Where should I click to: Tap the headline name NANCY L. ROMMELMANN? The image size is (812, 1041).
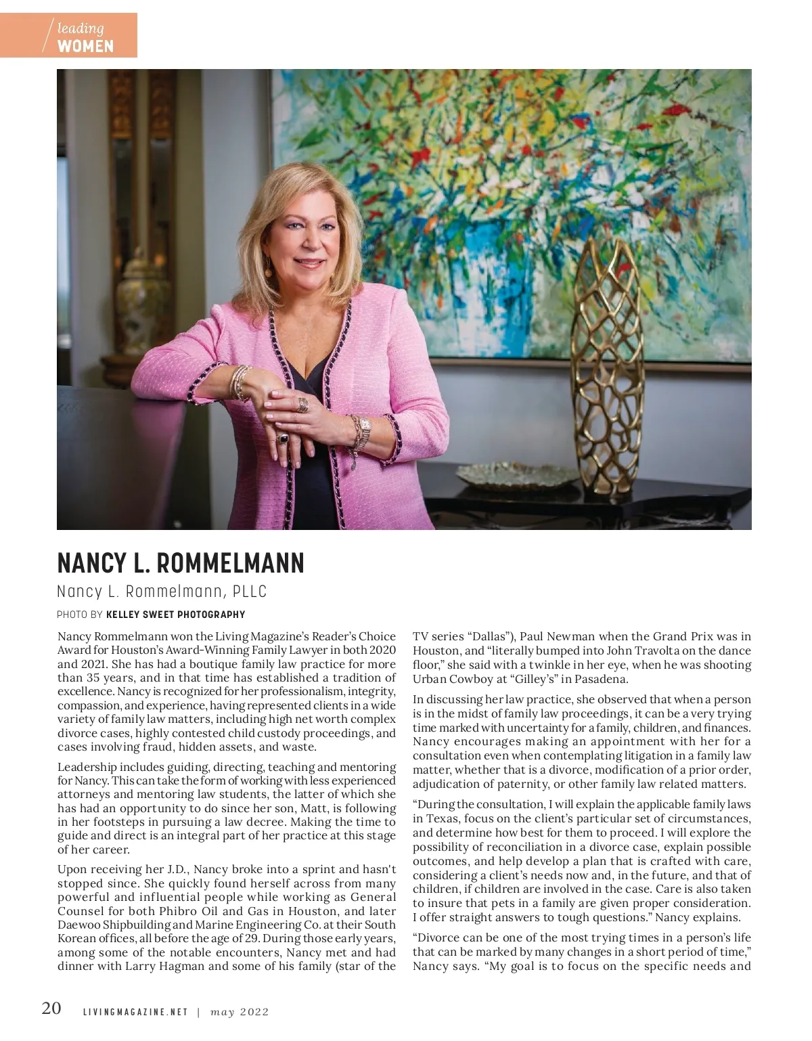point(181,562)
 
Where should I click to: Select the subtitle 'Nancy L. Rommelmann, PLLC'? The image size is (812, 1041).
point(162,592)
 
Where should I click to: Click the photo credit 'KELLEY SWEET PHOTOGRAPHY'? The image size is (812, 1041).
point(175,615)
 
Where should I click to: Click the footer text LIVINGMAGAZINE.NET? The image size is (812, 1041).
point(135,1013)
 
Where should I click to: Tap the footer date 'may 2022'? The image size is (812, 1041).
point(240,1013)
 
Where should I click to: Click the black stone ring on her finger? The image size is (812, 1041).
point(282,438)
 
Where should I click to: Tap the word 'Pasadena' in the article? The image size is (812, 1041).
point(606,679)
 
